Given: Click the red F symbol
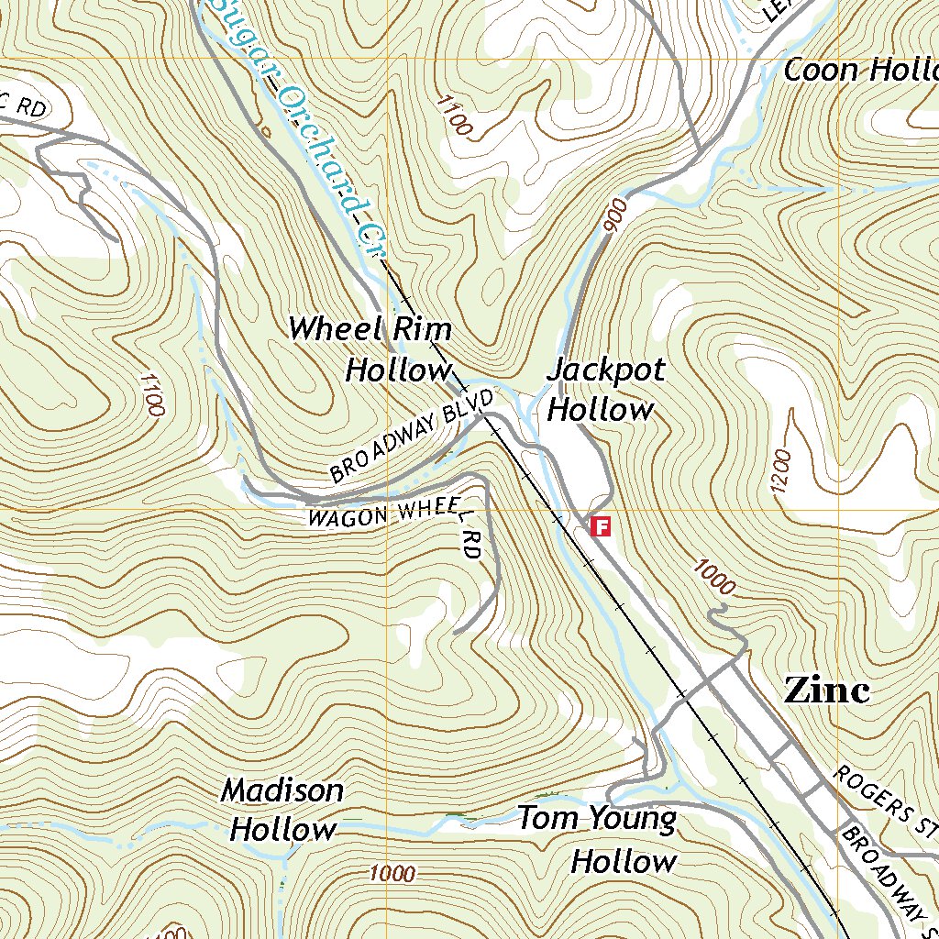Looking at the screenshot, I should click(x=602, y=526).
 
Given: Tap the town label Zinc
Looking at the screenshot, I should click(x=825, y=690).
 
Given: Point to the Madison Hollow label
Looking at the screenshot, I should click(x=282, y=810).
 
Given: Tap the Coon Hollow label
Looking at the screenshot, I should click(x=858, y=70).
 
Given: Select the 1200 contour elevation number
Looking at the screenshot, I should click(x=780, y=472).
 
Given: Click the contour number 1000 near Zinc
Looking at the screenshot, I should click(x=714, y=577).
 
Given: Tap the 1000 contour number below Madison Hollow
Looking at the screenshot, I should click(x=392, y=874).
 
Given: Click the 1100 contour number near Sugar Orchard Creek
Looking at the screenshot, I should click(x=453, y=116).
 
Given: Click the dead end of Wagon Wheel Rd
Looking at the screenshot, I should click(x=456, y=632).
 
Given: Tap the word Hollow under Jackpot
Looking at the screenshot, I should click(x=601, y=409).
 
